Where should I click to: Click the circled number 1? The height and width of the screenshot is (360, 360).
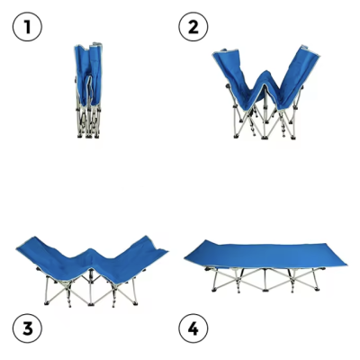tap(27, 27)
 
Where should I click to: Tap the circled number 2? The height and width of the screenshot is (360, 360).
tap(193, 27)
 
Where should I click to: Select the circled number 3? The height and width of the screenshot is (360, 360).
tap(27, 328)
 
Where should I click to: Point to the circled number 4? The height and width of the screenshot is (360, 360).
tap(193, 328)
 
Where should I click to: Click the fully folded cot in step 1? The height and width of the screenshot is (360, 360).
tap(88, 90)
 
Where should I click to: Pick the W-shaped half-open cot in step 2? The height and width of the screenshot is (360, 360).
tap(265, 93)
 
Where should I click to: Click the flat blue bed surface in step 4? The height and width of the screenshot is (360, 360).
tap(265, 255)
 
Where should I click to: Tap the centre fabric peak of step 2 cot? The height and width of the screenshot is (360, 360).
tap(266, 73)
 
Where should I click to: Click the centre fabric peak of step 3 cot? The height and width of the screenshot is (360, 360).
tap(92, 249)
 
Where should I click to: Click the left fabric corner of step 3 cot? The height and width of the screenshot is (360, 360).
tap(17, 247)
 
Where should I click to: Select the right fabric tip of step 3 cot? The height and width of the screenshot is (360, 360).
tap(166, 251)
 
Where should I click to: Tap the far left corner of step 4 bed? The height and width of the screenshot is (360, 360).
tap(184, 257)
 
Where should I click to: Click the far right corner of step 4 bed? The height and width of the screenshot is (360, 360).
tap(346, 265)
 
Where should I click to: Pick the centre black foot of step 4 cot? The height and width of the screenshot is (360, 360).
tap(265, 290)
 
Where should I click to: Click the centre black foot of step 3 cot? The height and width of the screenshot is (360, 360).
tap(91, 304)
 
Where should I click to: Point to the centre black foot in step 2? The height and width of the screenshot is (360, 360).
tap(265, 138)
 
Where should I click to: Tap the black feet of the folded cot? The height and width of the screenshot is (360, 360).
tap(88, 136)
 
